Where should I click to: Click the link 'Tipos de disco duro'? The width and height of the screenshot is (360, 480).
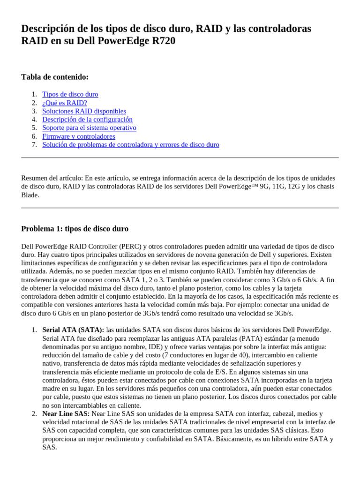tap(70, 94)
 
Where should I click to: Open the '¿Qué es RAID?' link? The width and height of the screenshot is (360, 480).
tap(64, 103)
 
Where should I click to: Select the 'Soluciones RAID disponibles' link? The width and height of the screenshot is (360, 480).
tap(84, 111)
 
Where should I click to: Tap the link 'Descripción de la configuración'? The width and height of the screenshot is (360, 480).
tap(87, 120)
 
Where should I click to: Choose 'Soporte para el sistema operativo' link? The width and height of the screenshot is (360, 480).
tap(89, 127)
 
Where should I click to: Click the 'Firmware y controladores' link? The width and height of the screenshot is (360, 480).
tap(78, 136)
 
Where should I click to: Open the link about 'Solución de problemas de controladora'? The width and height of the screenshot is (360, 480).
tap(130, 145)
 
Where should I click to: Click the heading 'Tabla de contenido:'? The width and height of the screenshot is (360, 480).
tap(55, 77)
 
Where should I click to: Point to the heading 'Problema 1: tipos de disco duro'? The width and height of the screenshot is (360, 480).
tap(75, 229)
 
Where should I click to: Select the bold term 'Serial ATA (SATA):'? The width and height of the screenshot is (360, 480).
tap(73, 330)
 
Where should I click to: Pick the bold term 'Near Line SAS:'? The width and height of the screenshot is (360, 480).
tap(66, 414)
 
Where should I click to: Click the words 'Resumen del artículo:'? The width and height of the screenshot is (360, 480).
tap(52, 178)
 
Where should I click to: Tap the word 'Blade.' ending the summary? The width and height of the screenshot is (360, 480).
tap(30, 195)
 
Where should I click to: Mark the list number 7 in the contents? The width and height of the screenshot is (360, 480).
tap(34, 145)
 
